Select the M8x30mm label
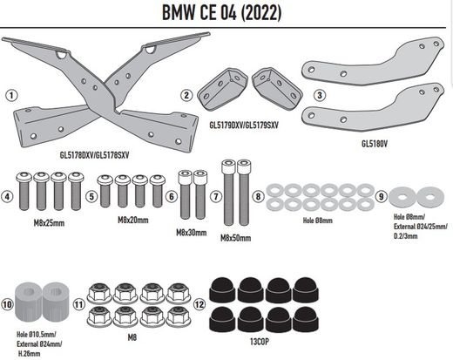click(x=192, y=231)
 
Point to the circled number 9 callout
click(x=380, y=195)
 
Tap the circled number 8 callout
click(x=257, y=195)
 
